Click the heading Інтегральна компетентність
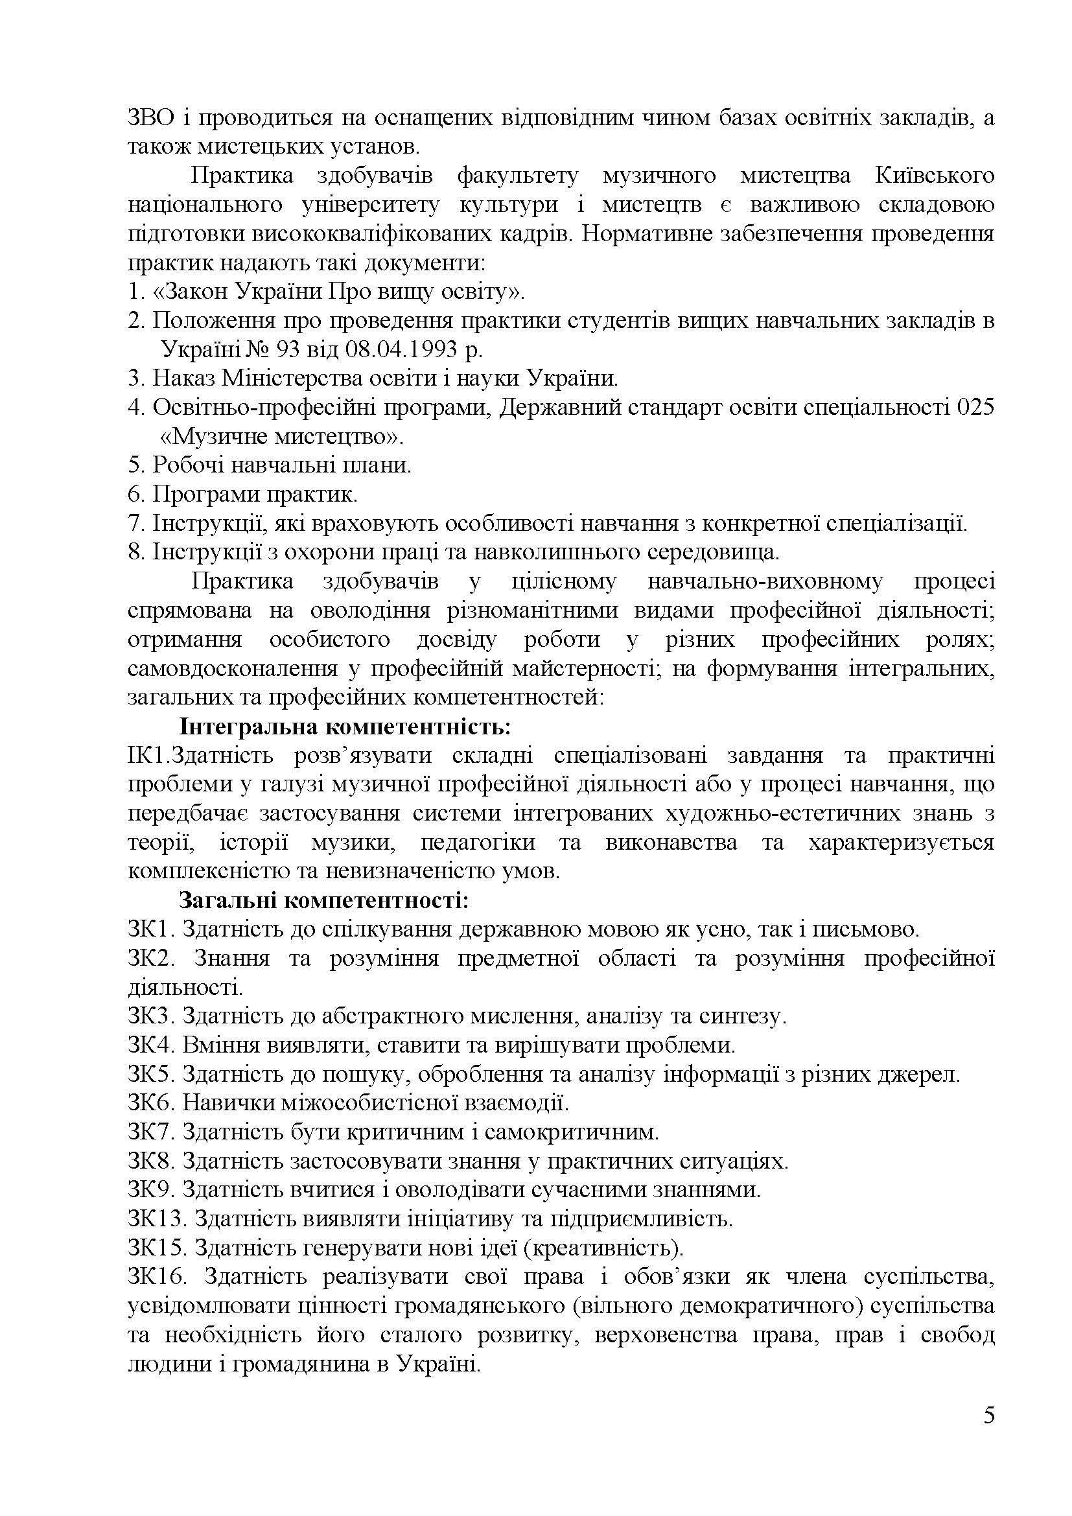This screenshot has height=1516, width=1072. click(x=345, y=727)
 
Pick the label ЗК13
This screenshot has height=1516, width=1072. click(x=156, y=1219)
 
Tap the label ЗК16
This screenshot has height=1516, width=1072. click(x=156, y=1277)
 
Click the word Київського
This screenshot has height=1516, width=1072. click(x=935, y=176)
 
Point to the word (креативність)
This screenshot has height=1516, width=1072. click(x=607, y=1248)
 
